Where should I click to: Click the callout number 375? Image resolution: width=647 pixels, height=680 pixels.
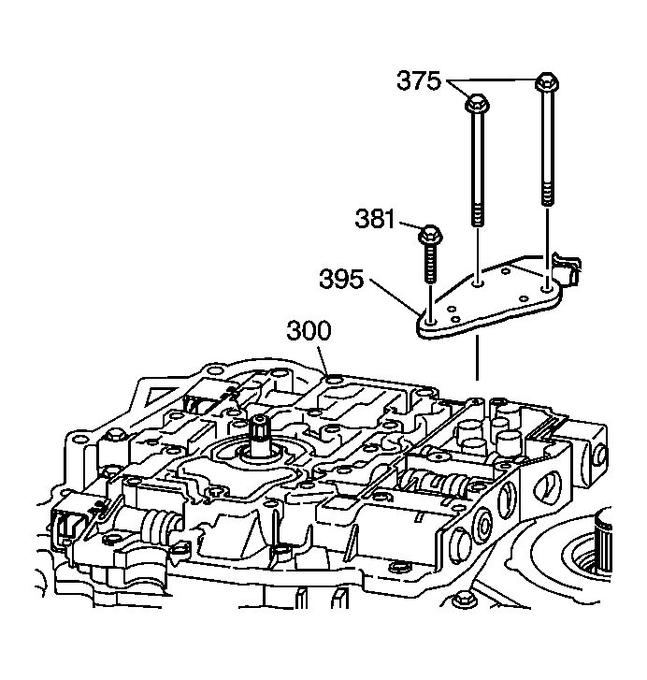coord(419,81)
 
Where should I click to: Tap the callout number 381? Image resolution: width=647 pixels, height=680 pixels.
coord(375,218)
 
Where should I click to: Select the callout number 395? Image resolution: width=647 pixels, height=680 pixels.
coord(341,279)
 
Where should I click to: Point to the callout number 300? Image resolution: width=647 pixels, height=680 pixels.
coord(309,330)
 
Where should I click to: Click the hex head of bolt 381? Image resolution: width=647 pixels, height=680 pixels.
coord(429,235)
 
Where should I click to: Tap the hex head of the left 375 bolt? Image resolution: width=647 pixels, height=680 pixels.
coord(477,102)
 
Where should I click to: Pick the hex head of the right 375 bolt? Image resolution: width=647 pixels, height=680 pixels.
coord(547,81)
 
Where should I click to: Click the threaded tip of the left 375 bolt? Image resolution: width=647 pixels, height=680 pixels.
coord(477,215)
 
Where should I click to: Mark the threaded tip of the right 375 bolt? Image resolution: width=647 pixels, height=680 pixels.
coord(547,195)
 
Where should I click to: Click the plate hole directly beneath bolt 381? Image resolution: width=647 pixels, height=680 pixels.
coord(430,322)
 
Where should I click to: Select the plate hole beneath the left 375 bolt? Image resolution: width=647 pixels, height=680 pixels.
coord(477,283)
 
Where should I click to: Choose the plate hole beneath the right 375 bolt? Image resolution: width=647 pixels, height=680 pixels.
coord(547,286)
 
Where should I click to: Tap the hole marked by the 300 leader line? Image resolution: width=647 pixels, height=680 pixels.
coord(333,380)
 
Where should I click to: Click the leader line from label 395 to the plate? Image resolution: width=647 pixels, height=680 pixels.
coord(395,297)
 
